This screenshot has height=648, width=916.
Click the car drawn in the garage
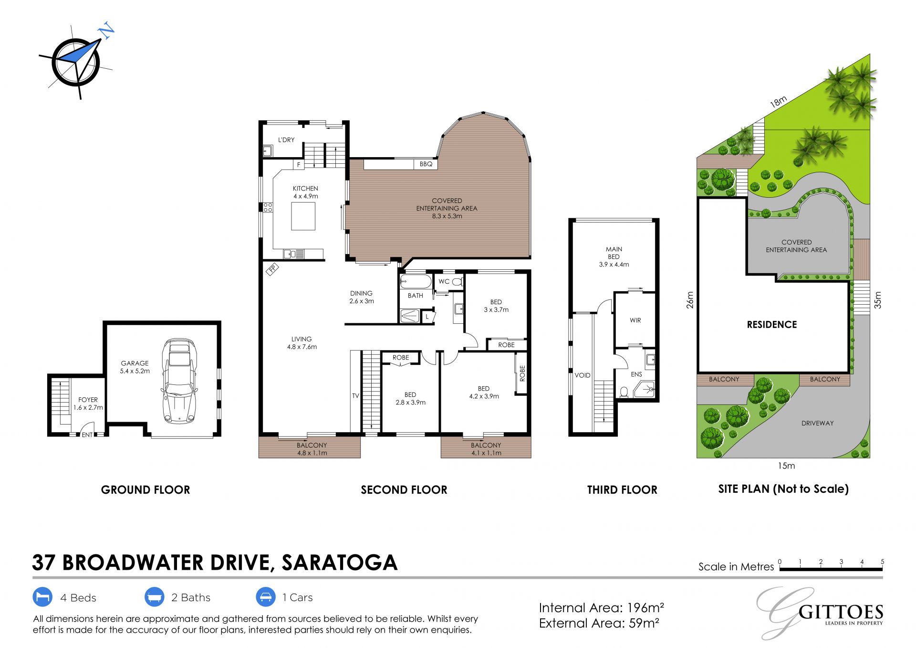[179, 381]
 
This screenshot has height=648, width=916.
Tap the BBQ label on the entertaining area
[426, 164]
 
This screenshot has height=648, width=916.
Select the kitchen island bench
[303, 216]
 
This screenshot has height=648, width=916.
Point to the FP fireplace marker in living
[272, 269]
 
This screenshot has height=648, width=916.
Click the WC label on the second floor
[444, 282]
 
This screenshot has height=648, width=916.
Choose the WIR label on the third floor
[635, 320]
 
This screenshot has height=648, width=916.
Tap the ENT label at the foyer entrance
[87, 435]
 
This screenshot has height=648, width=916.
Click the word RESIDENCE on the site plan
[772, 325]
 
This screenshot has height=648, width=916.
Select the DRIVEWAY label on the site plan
[818, 423]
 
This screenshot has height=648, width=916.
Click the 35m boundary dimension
[878, 300]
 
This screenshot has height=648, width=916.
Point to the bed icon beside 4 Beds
[42, 597]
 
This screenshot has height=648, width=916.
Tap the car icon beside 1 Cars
[266, 597]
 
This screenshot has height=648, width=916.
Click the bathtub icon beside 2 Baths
[155, 597]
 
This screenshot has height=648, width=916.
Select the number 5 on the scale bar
[883, 562]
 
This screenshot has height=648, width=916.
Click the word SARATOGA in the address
[340, 563]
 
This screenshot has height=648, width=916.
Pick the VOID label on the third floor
[583, 375]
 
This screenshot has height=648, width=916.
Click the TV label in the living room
[355, 396]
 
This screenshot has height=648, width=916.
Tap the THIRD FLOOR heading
[622, 490]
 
